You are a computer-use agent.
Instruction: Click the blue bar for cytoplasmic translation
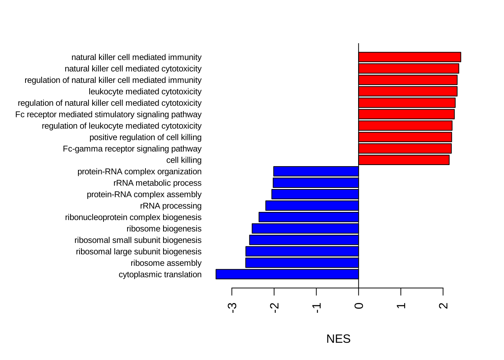(287, 274)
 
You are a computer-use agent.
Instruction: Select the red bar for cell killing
(404, 160)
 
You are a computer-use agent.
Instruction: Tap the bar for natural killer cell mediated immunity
(409, 57)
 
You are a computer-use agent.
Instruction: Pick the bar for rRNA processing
(312, 205)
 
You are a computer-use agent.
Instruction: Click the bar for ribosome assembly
(302, 263)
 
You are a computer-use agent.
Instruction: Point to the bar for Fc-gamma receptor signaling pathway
(405, 148)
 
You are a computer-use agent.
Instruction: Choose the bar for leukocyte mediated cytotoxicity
(408, 91)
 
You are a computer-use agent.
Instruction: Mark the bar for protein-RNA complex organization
(316, 171)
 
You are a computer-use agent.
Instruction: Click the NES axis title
(338, 339)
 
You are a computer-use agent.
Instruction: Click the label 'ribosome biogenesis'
(164, 229)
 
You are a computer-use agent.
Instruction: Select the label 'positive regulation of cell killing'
(145, 137)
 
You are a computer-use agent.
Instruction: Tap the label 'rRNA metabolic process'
(157, 183)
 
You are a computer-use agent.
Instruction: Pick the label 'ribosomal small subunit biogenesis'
(138, 240)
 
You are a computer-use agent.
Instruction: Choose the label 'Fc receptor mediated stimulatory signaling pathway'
(108, 114)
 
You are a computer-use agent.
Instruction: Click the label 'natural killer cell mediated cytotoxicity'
(133, 69)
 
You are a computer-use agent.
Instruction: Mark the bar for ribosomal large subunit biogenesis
(302, 251)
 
